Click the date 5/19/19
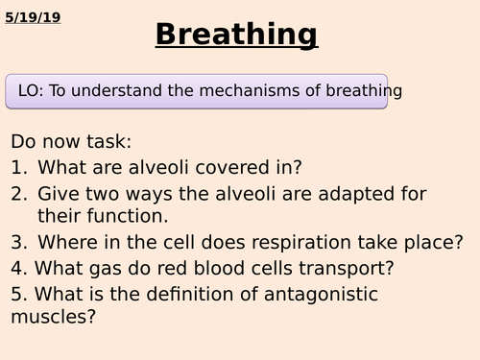pyautogui.click(x=32, y=16)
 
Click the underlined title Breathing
pyautogui.click(x=236, y=35)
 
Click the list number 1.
pyautogui.click(x=18, y=167)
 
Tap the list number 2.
pyautogui.click(x=18, y=193)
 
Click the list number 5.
pyautogui.click(x=16, y=294)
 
